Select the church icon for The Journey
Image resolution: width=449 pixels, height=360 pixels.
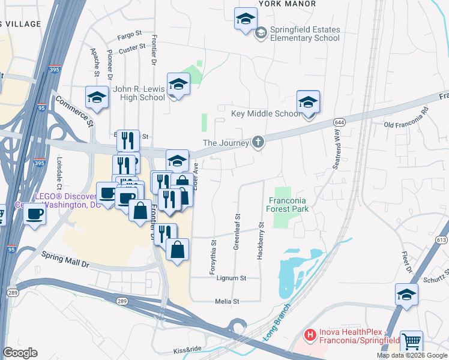[x=258, y=142]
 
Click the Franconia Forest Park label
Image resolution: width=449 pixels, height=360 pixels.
[x=288, y=205]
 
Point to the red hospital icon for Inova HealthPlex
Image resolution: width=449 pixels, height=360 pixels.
[x=310, y=335]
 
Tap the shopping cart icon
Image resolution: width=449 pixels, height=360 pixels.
[x=411, y=342]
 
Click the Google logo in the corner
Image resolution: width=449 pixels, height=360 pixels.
[x=20, y=353]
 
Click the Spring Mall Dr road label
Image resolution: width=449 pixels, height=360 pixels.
[x=65, y=259]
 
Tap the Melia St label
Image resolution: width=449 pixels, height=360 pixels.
[x=228, y=301]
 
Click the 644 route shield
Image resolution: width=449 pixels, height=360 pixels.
[x=340, y=122]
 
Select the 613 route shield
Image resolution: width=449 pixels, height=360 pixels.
[x=442, y=240]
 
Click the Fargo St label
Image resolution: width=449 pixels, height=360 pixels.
[x=129, y=34]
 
